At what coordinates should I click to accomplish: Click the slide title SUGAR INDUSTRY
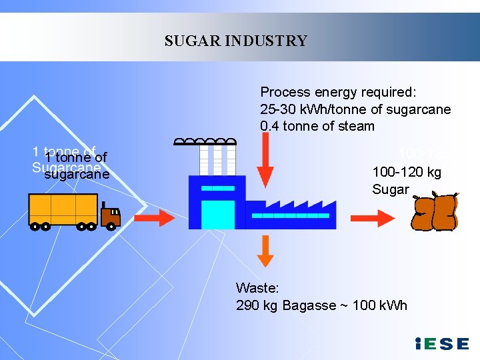point(236,41)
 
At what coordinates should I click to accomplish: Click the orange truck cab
point(110,214)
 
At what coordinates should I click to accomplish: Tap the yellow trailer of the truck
point(63,209)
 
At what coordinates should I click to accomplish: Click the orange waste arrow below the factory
point(265,251)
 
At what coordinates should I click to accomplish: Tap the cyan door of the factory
point(218,214)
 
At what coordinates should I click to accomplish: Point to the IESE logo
point(441,344)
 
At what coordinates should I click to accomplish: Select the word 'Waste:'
point(257,288)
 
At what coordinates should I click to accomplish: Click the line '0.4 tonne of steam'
point(317,126)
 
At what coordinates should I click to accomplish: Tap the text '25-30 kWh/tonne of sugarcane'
point(355,109)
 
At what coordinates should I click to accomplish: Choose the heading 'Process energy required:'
point(337,92)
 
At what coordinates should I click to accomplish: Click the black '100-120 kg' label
point(407,172)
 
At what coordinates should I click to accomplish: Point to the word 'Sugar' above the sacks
point(391,189)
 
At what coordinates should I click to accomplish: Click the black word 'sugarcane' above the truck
point(76,174)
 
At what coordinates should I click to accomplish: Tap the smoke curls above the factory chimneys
point(205,141)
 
